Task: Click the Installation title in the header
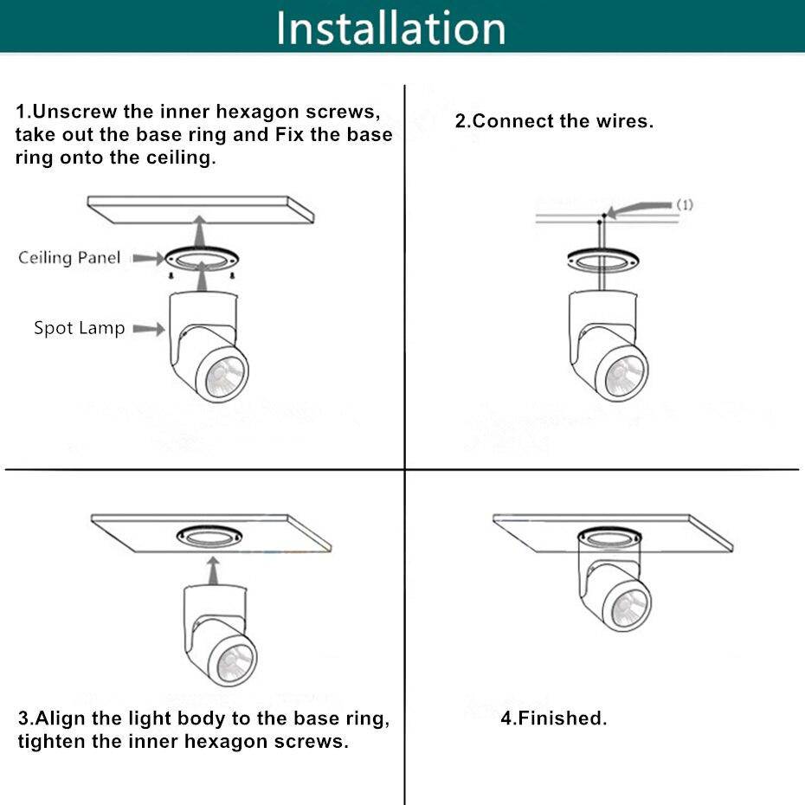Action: click(391, 29)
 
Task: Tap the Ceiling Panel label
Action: click(69, 257)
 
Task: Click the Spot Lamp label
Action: click(80, 328)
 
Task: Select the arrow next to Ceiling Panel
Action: click(148, 258)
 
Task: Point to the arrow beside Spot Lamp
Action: click(149, 329)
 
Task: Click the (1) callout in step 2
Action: click(685, 204)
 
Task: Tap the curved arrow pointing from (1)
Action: click(639, 209)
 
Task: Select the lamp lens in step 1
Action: click(225, 377)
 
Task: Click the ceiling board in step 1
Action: click(200, 209)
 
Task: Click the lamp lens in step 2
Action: click(625, 377)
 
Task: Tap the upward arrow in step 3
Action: click(214, 571)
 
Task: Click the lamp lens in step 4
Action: click(628, 609)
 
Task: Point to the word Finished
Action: click(562, 718)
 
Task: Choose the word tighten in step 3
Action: click(52, 741)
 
